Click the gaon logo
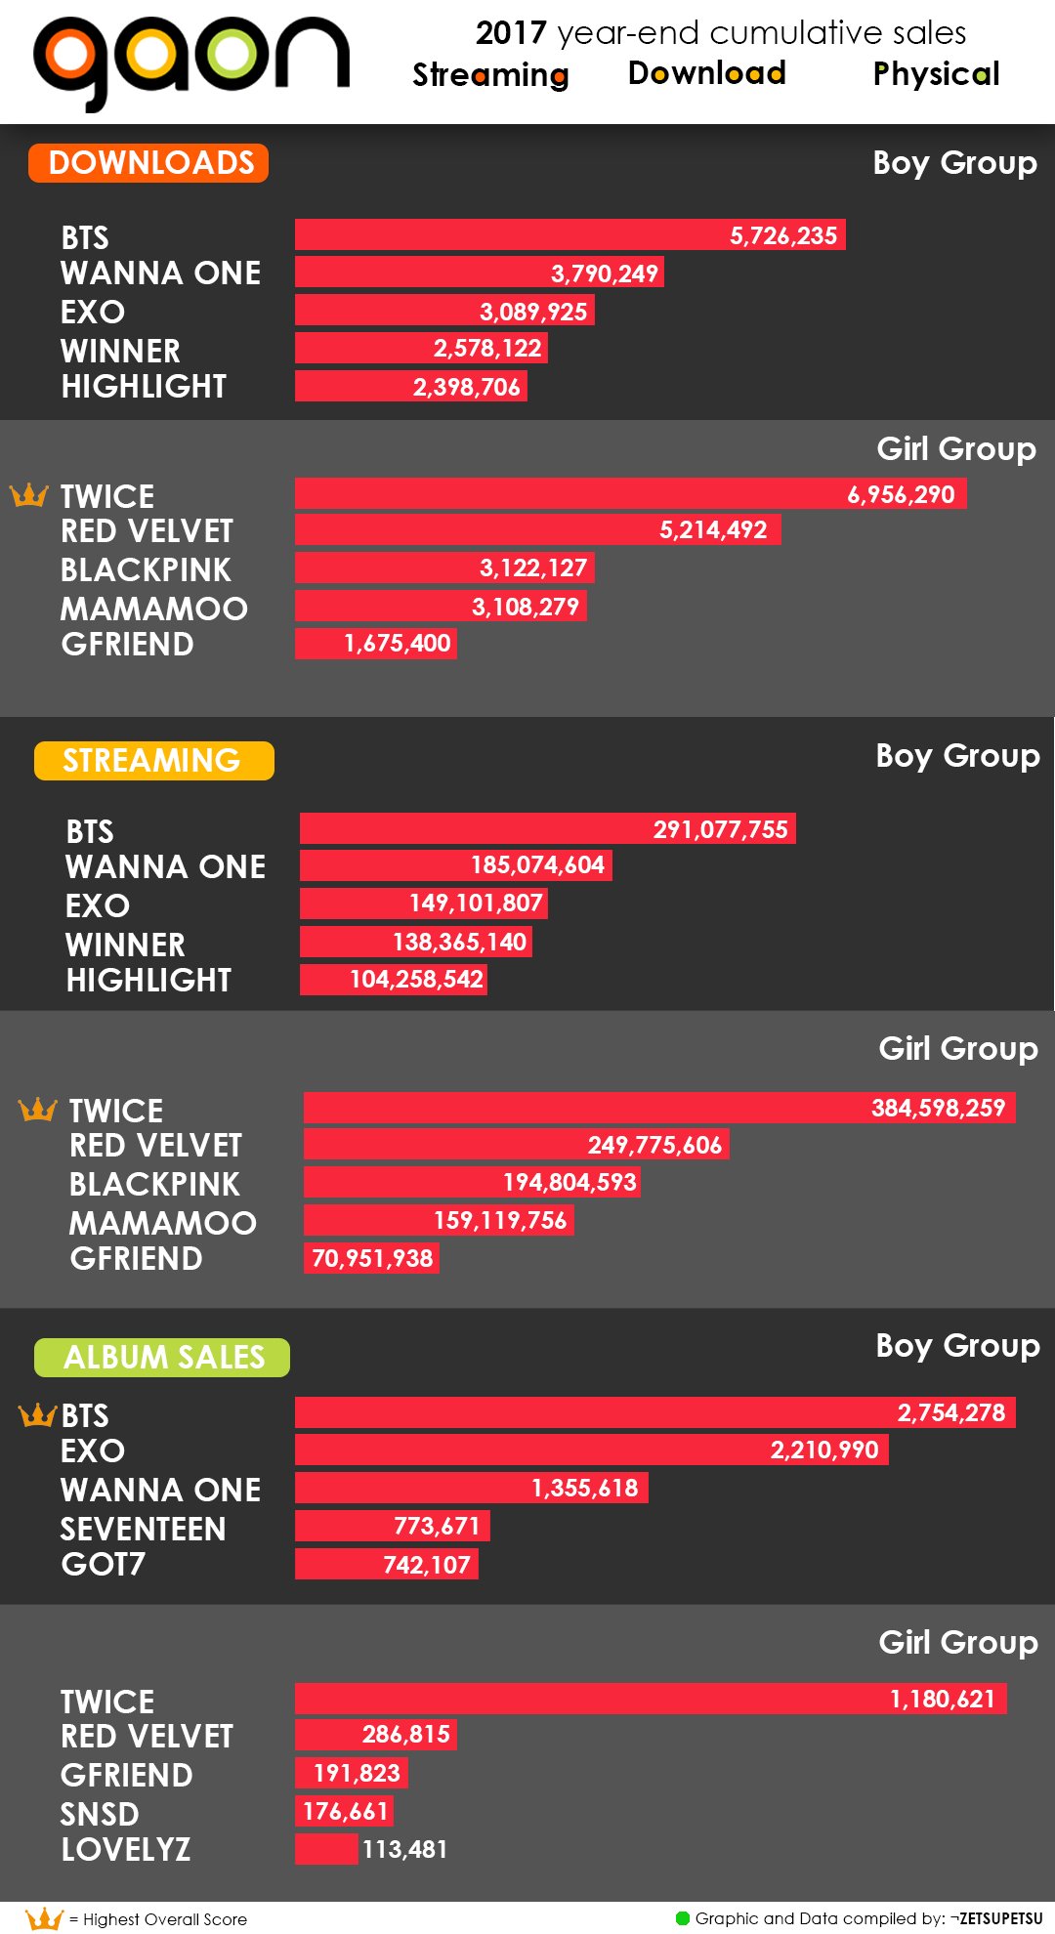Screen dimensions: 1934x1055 pos(190,61)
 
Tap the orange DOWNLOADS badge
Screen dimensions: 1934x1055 pos(148,163)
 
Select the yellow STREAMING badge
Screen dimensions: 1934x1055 pos(153,761)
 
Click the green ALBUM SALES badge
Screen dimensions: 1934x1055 pos(162,1358)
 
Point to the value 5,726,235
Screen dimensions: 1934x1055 pos(783,235)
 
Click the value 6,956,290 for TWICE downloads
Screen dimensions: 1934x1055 pos(901,494)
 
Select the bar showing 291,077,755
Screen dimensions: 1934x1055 pos(547,829)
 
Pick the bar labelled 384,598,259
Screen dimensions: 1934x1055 pos(659,1108)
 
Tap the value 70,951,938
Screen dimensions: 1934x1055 pos(372,1258)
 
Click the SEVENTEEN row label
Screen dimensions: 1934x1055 pos(143,1529)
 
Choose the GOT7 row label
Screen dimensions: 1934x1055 pos(103,1565)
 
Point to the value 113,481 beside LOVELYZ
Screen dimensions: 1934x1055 pos(404,1849)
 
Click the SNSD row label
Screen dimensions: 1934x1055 pos(100,1814)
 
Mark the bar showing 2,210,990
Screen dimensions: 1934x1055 pos(591,1450)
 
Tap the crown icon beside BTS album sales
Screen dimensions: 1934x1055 pos(38,1414)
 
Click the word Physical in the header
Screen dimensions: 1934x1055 pos(936,74)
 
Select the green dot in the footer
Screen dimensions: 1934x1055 pos(683,1917)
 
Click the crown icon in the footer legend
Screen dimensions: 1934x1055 pos(44,1918)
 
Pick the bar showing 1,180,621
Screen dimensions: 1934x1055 pos(651,1699)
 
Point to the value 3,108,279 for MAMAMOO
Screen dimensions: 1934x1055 pos(525,607)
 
